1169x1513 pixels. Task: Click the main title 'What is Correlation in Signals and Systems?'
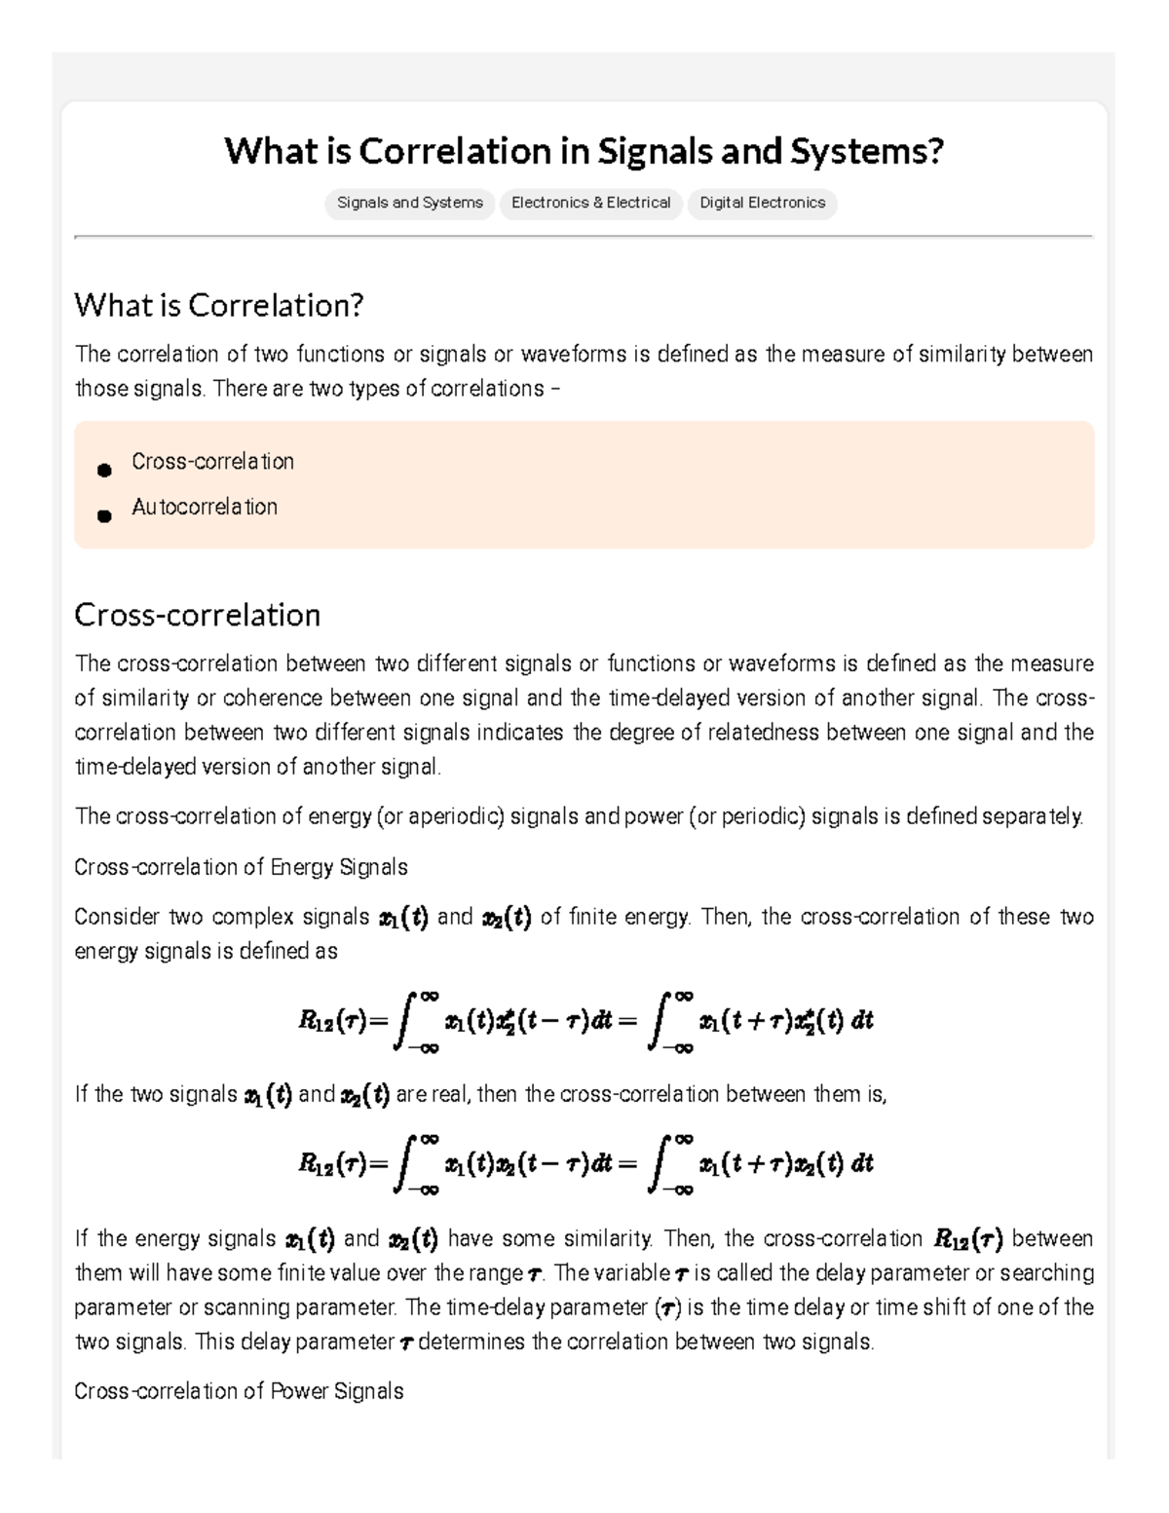coord(584,151)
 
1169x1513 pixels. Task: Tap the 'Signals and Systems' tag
coord(409,203)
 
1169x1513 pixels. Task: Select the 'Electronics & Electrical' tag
coord(590,203)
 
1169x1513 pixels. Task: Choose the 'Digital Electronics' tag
coord(762,203)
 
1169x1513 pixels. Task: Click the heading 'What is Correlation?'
coord(218,306)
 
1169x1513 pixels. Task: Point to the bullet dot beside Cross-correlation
coord(104,471)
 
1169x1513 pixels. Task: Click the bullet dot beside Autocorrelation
coord(104,515)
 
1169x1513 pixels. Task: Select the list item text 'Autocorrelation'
coord(205,507)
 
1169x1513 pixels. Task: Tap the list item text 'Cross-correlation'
coord(212,462)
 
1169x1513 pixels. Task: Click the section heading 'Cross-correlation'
coord(197,615)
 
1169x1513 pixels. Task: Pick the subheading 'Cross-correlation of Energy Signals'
coord(241,867)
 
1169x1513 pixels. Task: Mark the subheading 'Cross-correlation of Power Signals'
coord(239,1391)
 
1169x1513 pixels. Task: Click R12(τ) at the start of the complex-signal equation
coord(332,1022)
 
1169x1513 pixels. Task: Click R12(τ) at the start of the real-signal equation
coord(332,1164)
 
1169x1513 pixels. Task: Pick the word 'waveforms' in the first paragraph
coord(574,354)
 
